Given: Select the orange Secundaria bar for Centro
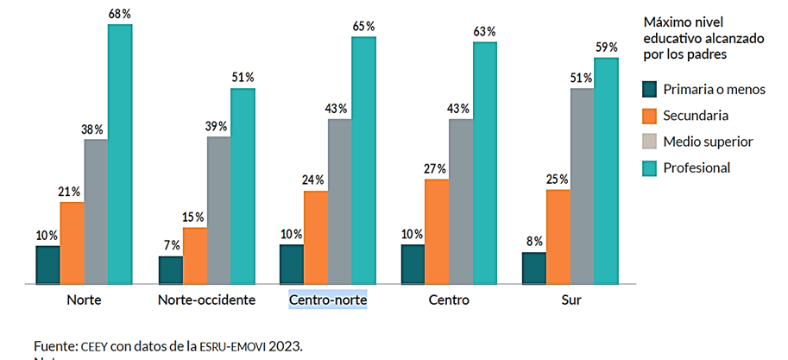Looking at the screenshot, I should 437,231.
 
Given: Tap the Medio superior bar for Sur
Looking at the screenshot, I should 583,186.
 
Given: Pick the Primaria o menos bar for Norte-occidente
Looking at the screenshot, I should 171,269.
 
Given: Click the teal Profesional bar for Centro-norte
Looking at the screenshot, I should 363,160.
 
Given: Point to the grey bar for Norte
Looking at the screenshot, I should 96,211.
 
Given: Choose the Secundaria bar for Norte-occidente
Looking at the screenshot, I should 195,256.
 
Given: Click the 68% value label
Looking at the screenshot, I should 120,13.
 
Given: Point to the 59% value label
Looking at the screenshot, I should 607,47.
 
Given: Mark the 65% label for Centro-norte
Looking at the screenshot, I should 363,26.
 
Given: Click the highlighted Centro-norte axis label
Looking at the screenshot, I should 328,300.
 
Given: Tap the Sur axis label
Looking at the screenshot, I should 570,300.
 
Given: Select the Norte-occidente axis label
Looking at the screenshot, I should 207,300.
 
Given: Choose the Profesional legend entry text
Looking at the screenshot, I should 696,167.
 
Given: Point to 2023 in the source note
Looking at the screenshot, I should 285,346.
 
